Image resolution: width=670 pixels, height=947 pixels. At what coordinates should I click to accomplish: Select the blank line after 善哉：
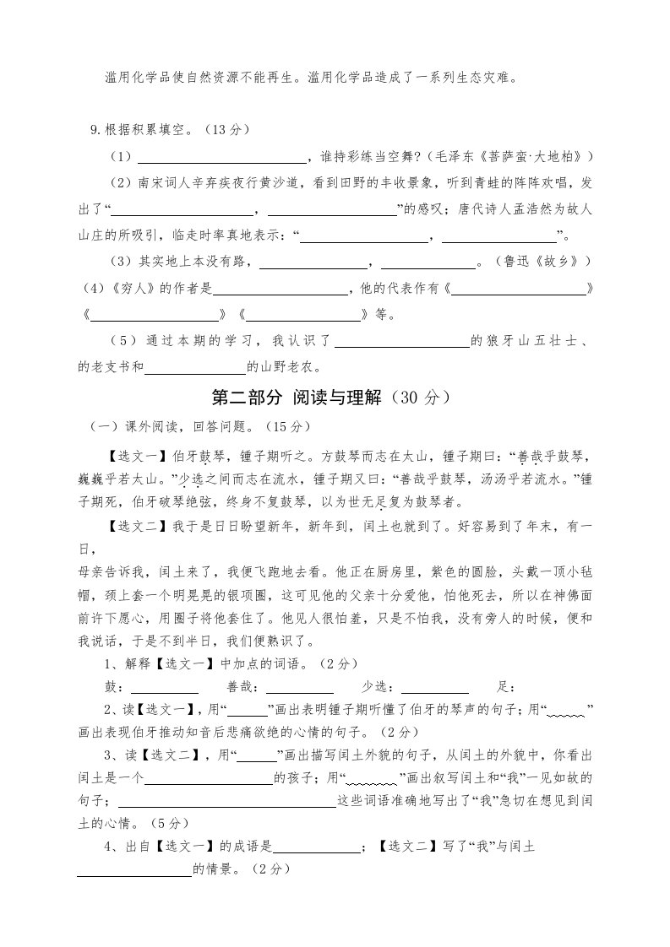301,689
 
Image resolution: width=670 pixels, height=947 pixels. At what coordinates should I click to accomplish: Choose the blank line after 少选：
434,689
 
